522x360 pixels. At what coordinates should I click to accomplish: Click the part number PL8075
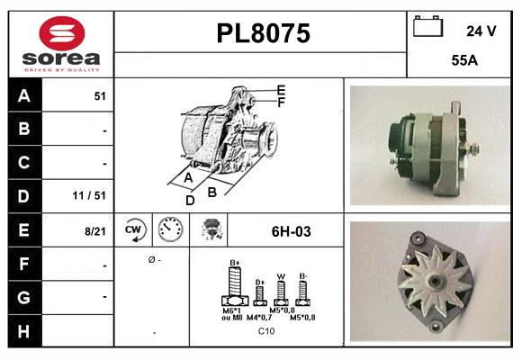coord(262,33)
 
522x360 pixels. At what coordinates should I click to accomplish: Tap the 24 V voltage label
coord(481,31)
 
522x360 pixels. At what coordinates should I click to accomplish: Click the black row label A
coord(23,96)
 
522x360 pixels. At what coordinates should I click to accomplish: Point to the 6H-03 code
coord(291,231)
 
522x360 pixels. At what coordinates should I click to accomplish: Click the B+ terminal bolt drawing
coord(235,288)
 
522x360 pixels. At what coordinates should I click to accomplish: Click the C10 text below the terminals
coord(266,330)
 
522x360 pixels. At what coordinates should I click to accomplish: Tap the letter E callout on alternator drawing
coord(281,89)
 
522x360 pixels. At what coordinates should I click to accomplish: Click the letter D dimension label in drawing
coord(190,200)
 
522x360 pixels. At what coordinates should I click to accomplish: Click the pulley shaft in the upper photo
coord(471,148)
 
